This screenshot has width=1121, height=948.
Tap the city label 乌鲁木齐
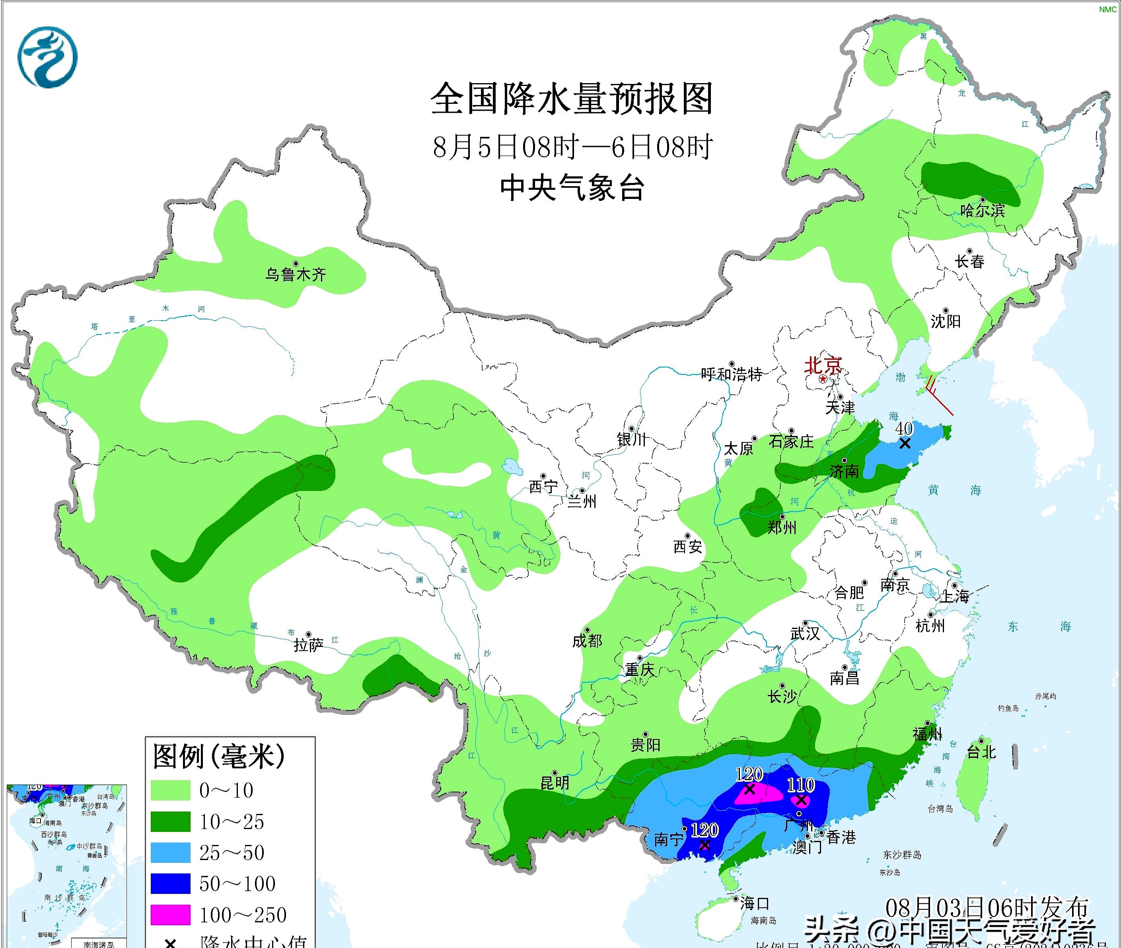point(296,274)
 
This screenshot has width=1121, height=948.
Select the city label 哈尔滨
point(982,210)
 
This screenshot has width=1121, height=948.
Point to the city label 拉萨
point(308,644)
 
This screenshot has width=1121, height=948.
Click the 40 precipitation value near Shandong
point(904,428)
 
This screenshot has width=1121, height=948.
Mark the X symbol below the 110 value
point(801,800)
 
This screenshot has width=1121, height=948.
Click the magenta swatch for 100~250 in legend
point(170,914)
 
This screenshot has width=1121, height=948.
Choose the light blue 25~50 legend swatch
point(170,853)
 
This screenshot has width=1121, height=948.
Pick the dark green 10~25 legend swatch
point(170,821)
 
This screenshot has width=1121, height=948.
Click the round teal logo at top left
point(47,58)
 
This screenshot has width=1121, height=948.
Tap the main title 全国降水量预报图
point(572,99)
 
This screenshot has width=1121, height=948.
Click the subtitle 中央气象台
point(572,188)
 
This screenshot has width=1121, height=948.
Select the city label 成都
point(587,640)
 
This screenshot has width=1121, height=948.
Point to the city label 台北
point(981,752)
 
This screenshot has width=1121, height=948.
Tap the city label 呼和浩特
point(732,374)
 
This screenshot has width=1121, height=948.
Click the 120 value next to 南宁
point(704,830)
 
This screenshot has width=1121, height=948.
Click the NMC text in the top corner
point(1107,10)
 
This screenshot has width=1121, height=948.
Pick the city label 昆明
point(555,783)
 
